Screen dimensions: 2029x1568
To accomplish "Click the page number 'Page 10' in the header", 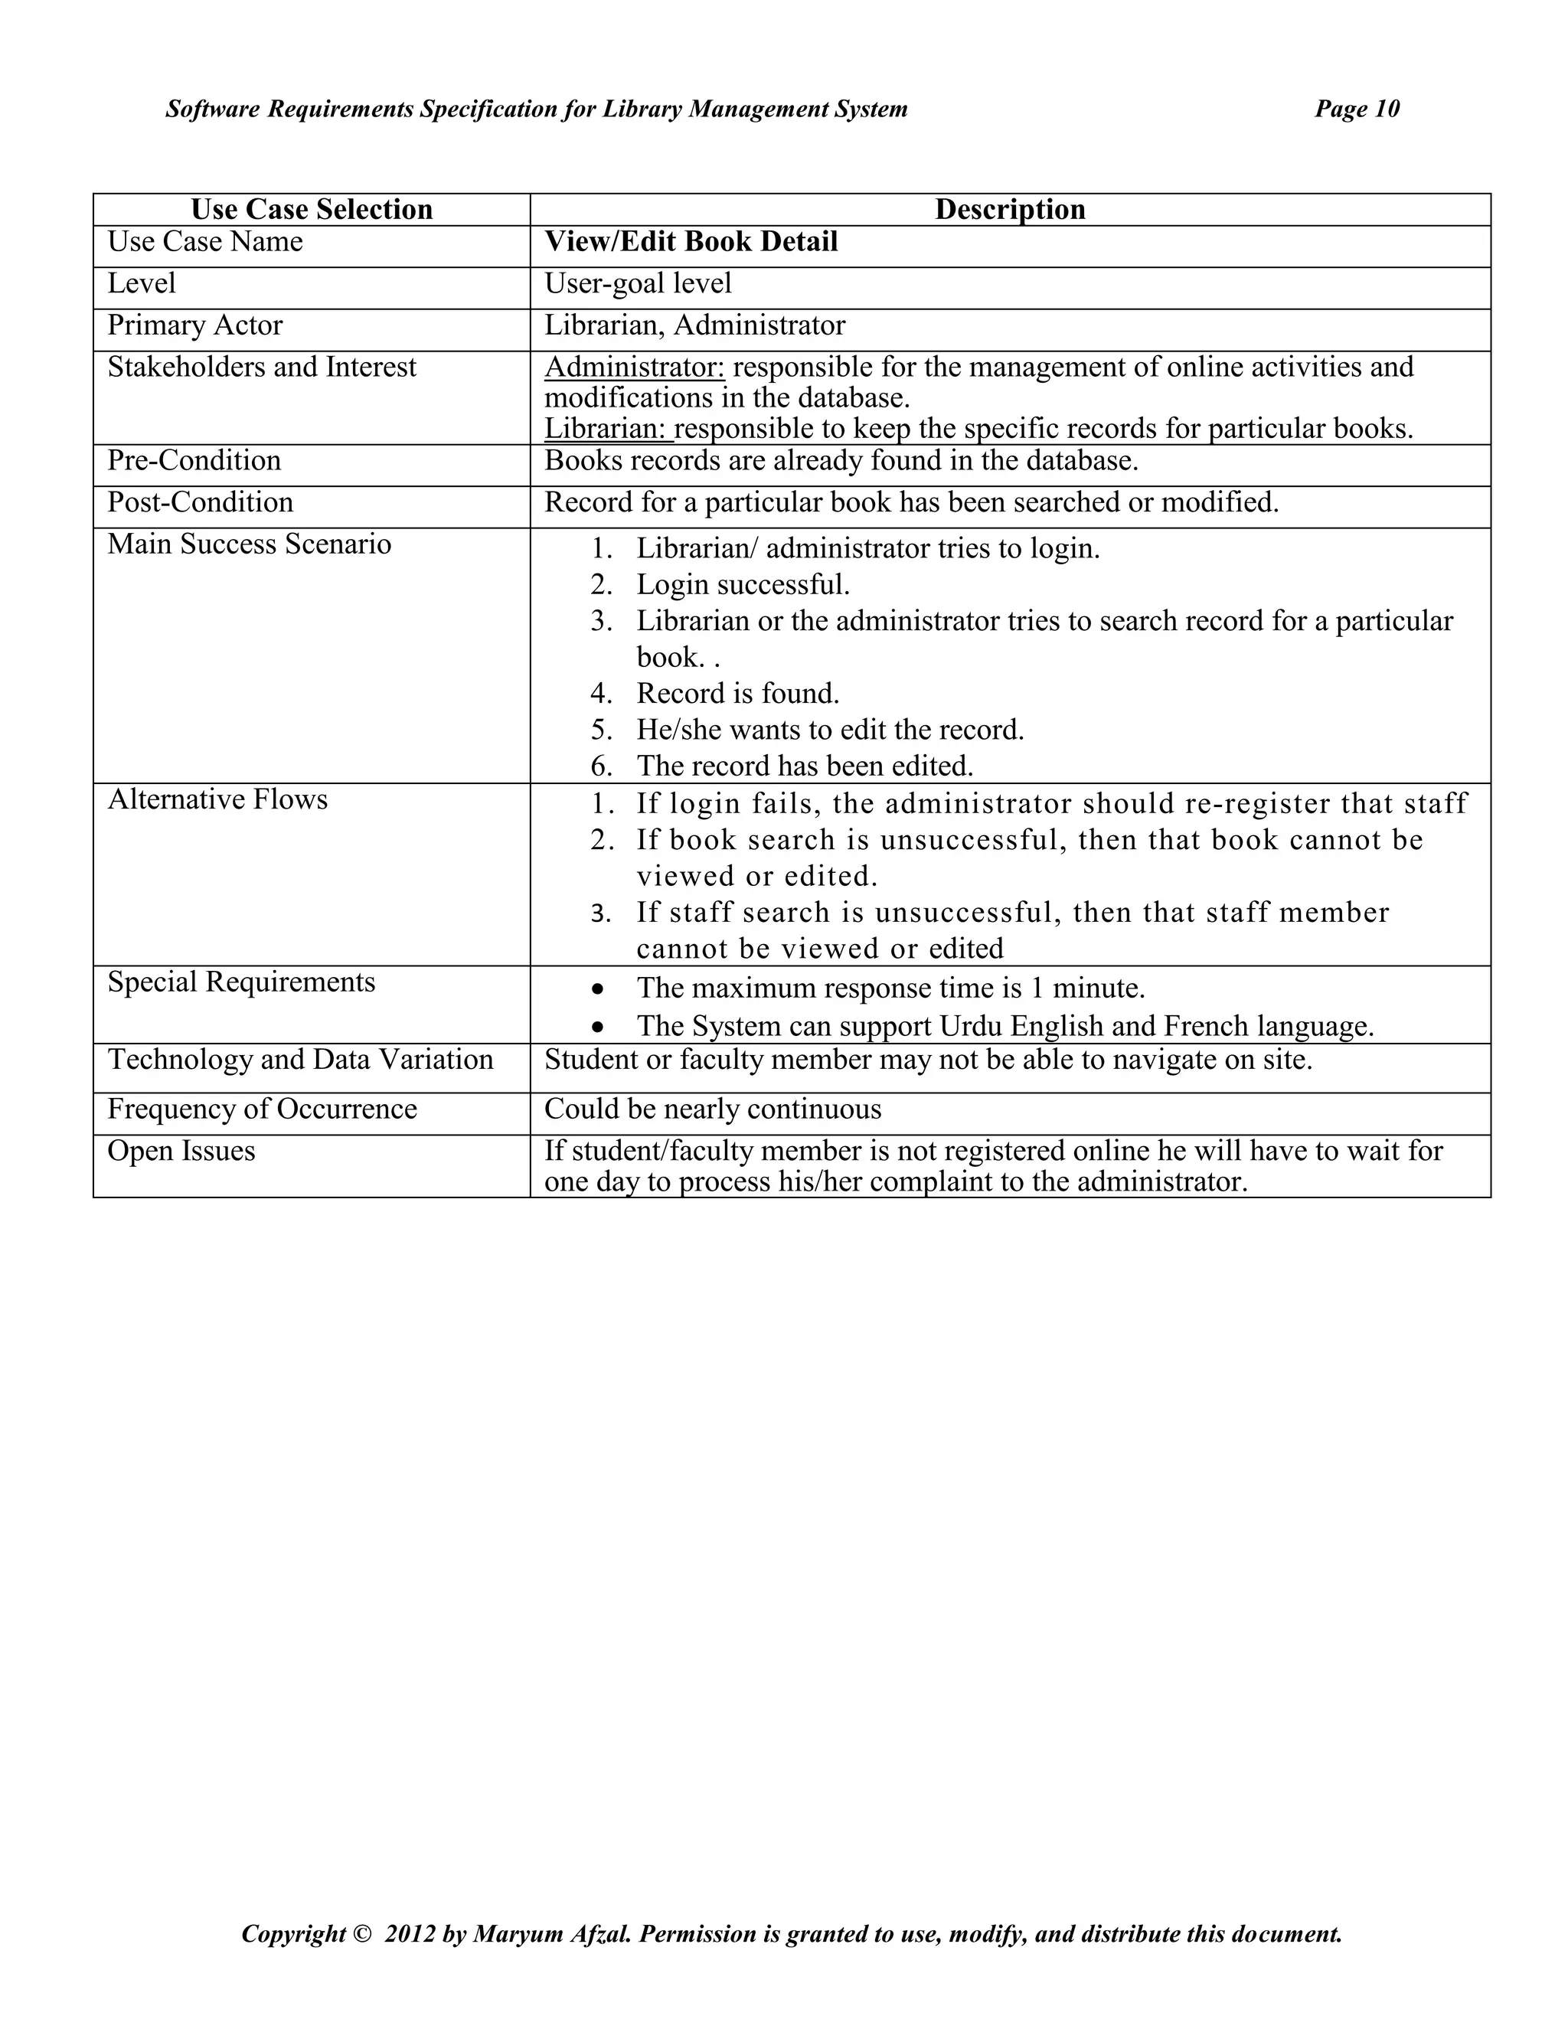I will pos(1356,109).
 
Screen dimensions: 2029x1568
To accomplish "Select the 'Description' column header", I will pos(1010,209).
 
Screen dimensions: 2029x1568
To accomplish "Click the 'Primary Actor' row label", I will pos(195,325).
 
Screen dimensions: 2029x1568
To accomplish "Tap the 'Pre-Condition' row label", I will pos(194,460).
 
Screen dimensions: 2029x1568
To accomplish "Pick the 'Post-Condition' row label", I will pos(200,502).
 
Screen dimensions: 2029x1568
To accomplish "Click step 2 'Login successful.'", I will pos(742,584).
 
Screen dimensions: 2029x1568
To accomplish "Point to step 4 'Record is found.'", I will pos(737,693).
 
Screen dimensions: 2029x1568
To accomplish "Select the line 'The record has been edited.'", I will pos(805,766).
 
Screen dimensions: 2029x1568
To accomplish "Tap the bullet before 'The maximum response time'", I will pos(600,988).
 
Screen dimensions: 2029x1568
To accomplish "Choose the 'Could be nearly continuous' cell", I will pos(713,1109).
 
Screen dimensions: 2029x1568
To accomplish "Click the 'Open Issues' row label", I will pos(181,1150).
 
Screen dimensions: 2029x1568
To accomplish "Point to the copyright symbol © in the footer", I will pos(361,1934).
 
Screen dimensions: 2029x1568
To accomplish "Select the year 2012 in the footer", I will pos(410,1934).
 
